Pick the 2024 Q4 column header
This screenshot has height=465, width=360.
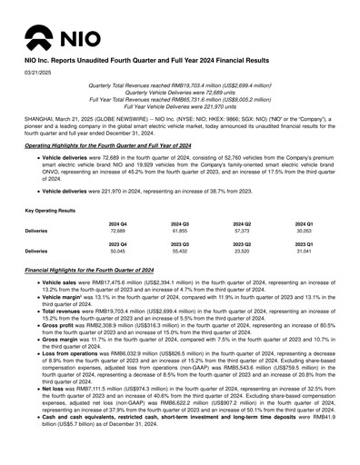tap(117, 223)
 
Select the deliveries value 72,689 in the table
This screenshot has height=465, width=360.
tap(117, 232)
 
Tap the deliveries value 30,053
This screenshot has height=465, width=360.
tap(304, 232)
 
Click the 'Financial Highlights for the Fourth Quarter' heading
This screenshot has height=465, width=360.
tap(106, 272)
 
